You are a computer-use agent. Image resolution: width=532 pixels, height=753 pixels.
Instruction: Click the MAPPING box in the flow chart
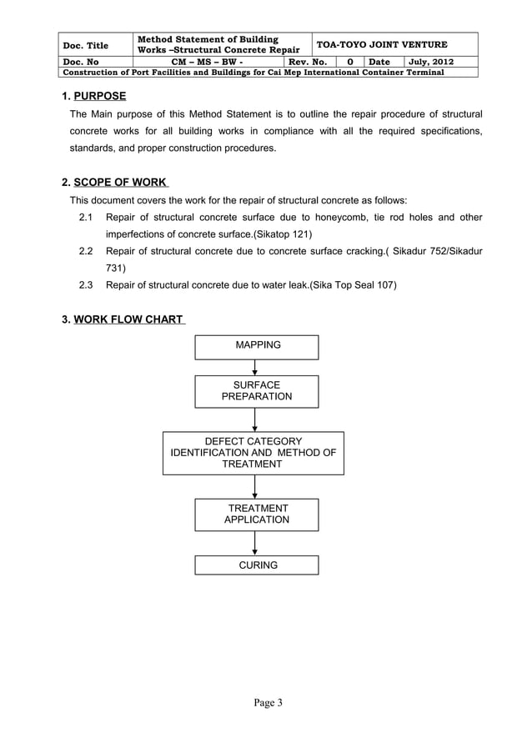click(257, 346)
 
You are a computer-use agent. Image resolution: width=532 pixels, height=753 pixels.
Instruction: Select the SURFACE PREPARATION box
click(257, 391)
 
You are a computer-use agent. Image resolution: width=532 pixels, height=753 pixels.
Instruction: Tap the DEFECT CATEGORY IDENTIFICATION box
click(253, 453)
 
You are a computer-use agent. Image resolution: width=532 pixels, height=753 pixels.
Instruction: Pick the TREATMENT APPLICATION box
click(257, 514)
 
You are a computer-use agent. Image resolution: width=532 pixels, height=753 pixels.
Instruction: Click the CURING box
click(257, 565)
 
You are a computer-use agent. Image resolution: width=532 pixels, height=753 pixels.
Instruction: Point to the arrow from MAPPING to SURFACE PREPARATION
click(255, 368)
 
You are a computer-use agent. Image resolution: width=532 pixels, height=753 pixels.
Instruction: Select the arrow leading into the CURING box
click(255, 544)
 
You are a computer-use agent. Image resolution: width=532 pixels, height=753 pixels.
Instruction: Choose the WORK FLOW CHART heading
click(129, 320)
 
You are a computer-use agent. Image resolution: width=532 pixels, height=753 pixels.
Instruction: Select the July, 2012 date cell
click(430, 62)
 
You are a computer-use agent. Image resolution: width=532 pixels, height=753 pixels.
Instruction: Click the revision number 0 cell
click(349, 62)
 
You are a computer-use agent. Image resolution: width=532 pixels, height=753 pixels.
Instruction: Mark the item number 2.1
click(85, 218)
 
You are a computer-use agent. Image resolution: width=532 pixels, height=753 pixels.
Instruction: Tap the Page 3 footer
click(269, 702)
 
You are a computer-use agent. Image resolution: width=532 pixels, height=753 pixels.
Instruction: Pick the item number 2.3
click(85, 286)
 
